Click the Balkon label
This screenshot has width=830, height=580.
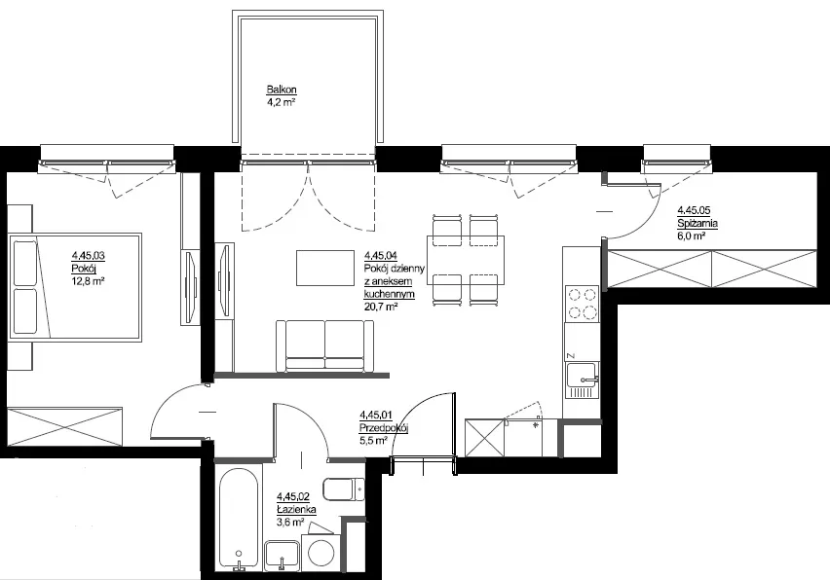[x=282, y=90]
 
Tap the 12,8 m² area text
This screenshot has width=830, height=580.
[x=88, y=281]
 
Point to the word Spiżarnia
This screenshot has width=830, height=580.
[x=698, y=224]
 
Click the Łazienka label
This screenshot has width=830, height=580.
[x=296, y=510]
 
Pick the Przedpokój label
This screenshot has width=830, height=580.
[x=384, y=428]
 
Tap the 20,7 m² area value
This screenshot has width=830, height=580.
[x=381, y=307]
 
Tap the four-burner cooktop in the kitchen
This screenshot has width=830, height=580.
[x=583, y=304]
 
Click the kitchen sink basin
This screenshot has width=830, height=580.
[x=582, y=375]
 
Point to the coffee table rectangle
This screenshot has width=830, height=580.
[x=325, y=268]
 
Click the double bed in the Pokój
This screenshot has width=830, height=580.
[x=75, y=287]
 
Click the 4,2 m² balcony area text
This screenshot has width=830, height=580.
[x=281, y=102]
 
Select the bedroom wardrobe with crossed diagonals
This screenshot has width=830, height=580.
[x=64, y=426]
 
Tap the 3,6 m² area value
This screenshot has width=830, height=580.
[x=290, y=523]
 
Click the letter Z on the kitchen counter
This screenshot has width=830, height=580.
[x=571, y=355]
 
